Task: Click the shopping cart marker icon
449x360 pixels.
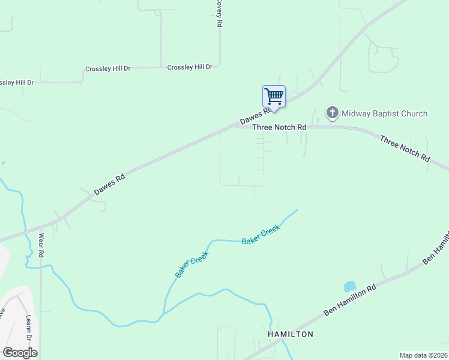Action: pos(274,96)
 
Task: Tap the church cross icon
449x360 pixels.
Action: pos(332,113)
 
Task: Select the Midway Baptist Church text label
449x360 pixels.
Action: pos(384,113)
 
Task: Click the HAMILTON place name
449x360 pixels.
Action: pos(290,334)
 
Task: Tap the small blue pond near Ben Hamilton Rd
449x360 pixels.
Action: pos(349,287)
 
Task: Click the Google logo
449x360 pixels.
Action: pos(20,352)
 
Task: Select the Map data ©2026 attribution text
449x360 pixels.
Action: pos(424,355)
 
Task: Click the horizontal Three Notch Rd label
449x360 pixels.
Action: pos(279,127)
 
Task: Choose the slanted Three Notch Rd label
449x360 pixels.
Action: pos(405,148)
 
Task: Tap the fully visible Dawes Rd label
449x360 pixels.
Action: pos(109,185)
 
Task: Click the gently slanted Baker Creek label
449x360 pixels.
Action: pos(261,234)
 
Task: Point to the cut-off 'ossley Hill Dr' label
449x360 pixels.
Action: pos(17,82)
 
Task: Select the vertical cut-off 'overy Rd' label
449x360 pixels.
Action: pos(219,13)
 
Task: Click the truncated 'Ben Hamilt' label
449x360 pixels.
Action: pos(436,247)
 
